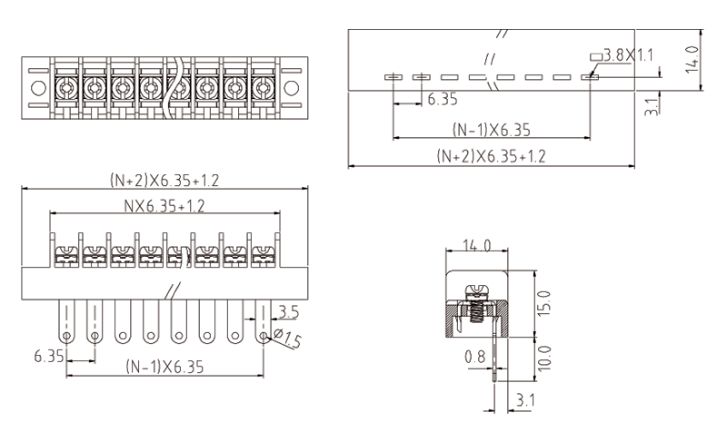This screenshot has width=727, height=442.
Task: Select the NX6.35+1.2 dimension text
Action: [x=164, y=206]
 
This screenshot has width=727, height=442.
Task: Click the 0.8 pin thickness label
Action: [x=474, y=358]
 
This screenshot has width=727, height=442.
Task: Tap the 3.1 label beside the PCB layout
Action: [x=651, y=105]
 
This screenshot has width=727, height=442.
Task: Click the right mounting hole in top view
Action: [x=291, y=89]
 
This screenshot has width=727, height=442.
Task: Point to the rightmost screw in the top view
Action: [x=263, y=88]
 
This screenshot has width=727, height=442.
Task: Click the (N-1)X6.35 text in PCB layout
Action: [x=491, y=129]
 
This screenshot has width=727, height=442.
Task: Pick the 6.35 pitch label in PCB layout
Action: [x=442, y=98]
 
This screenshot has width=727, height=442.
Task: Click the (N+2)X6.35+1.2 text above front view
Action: [x=164, y=180]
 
